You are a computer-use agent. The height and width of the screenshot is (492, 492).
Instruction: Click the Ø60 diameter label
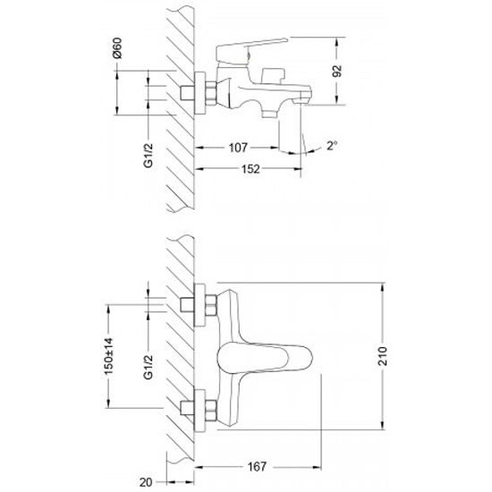coord(117,48)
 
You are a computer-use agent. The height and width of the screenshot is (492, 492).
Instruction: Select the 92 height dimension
coord(337,72)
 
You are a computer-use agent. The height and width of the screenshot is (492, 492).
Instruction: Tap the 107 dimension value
coord(238,148)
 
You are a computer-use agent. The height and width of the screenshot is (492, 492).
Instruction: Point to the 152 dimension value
coord(250,169)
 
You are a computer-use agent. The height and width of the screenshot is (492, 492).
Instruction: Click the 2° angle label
coord(332,146)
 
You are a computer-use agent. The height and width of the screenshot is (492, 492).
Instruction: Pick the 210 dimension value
coord(383,356)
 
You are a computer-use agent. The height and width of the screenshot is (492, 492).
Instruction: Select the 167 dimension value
coord(257,467)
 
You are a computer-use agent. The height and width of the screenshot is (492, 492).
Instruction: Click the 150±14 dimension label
coord(108,356)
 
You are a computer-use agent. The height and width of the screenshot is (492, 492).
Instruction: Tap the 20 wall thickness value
coord(146,482)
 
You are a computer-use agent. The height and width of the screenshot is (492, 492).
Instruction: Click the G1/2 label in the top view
coord(148,156)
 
